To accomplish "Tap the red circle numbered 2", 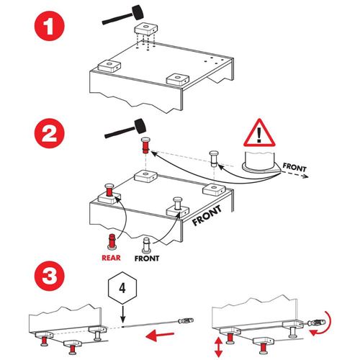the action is point(49,133).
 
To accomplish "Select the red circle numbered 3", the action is point(49,276).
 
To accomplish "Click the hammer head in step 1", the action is point(138,12).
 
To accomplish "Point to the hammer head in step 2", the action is point(140,126).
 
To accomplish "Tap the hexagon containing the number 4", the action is point(122,288).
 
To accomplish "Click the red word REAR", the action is point(111,258).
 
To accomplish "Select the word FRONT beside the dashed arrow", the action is point(294,167).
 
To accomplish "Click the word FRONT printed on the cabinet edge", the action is point(207,215).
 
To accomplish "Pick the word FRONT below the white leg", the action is point(147,258).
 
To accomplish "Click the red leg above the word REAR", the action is point(112,241).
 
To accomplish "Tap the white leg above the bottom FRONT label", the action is point(147,245).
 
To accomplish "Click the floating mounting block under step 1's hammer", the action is point(146,30).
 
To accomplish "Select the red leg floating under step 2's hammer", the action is point(145,145).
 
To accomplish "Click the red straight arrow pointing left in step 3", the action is point(160,335).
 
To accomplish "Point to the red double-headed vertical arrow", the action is point(218,347).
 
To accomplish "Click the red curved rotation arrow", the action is point(324,325).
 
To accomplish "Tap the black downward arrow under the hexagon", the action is point(123,314).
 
